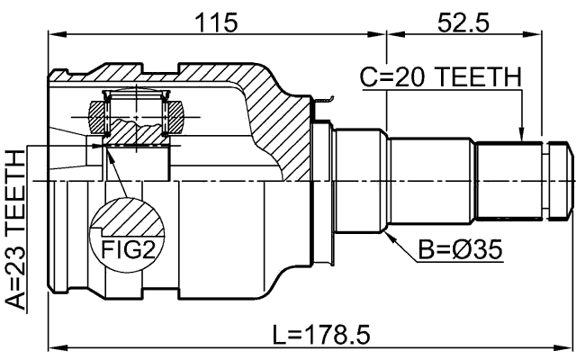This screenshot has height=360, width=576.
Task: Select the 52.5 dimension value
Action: coord(463,21)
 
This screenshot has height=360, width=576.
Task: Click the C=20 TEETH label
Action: coord(440,79)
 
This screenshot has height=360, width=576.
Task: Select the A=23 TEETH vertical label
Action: coord(15,230)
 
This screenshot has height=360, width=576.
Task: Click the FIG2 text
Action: coord(127,248)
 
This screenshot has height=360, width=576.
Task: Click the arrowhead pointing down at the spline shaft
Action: coord(522,137)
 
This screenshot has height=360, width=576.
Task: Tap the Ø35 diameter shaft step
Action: coord(360,180)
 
